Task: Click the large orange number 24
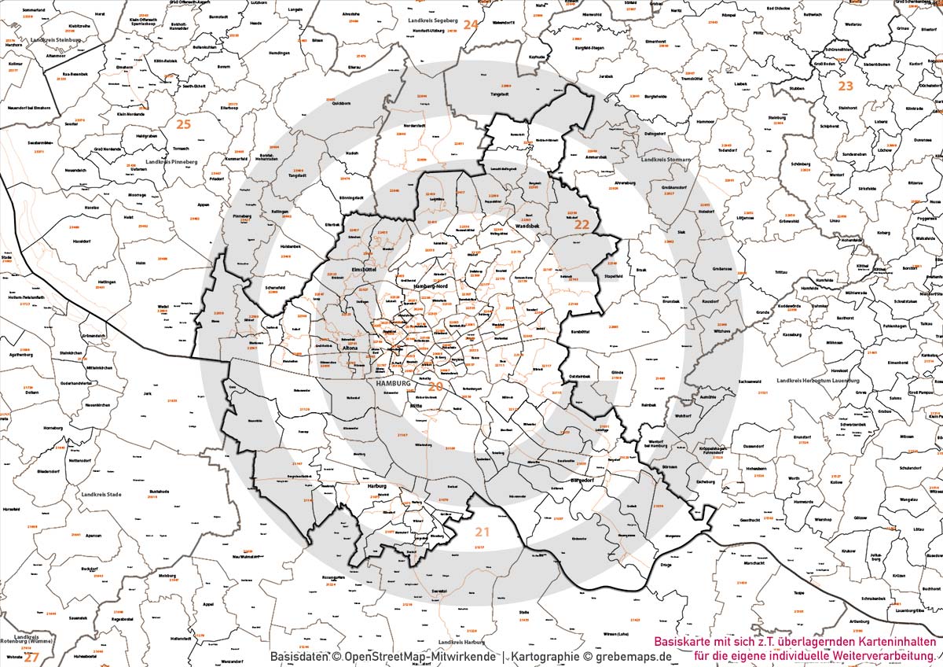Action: click(x=470, y=24)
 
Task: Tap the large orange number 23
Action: click(x=845, y=86)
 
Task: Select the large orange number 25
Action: click(x=183, y=124)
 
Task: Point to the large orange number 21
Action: click(x=482, y=532)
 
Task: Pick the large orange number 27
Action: click(x=31, y=657)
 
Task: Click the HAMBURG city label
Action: click(x=394, y=383)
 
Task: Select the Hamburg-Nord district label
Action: click(x=429, y=286)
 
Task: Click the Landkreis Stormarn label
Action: click(x=666, y=160)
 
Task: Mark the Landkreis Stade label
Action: click(x=102, y=495)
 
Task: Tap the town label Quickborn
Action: click(x=341, y=103)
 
